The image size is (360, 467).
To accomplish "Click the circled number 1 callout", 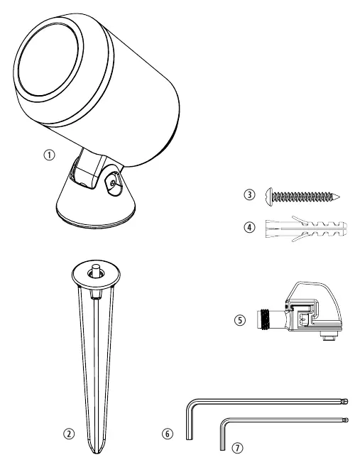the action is point(50,155).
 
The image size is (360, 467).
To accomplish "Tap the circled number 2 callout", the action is point(69,434).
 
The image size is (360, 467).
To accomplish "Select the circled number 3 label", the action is point(249,194).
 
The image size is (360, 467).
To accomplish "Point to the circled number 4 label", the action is point(249,228).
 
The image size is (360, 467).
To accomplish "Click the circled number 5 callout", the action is point(240,321).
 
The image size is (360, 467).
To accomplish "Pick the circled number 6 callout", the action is point(168,434).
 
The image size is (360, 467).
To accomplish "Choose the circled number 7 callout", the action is point(237,448).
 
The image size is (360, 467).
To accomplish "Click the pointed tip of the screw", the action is point(339,197).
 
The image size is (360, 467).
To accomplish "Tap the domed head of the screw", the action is point(268,197).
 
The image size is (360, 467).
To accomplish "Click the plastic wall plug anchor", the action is point(306,229).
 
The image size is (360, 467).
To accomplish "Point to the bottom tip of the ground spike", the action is point(96,452).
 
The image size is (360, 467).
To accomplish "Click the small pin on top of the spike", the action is point(96,270).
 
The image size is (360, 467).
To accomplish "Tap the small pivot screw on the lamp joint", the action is point(112,183).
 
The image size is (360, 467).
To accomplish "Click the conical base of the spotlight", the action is point(96,206).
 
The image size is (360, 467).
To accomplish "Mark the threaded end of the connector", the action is point(264,319).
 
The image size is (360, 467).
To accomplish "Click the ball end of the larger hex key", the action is point(345,401).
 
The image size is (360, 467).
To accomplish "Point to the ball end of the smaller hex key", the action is point(345,420).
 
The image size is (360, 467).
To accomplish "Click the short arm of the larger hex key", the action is point(190,423).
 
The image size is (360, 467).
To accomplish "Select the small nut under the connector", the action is point(327,337).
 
